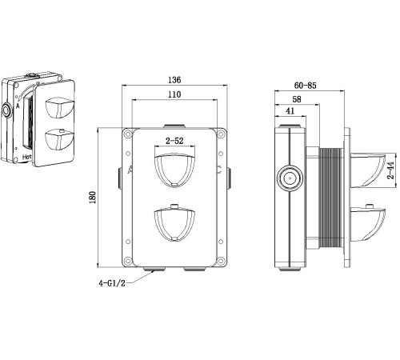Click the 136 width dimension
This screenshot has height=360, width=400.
[174, 80]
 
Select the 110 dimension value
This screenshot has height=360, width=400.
[174, 95]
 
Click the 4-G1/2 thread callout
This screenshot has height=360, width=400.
[113, 284]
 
